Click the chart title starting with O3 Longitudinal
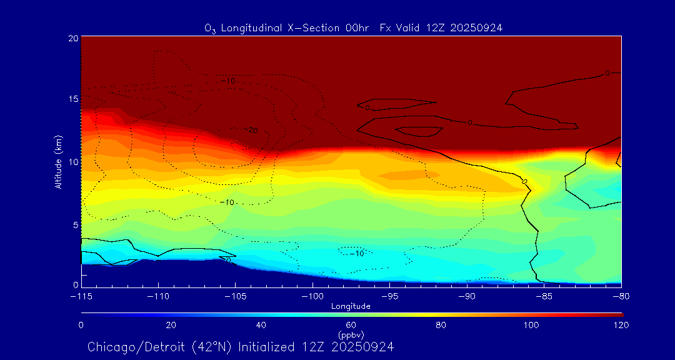click(x=353, y=27)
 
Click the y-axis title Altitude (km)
click(x=58, y=162)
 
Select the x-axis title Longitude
click(x=351, y=306)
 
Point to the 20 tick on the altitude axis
click(x=72, y=38)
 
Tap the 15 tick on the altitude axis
click(x=72, y=99)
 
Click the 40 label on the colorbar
click(x=261, y=325)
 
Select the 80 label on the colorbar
click(x=442, y=325)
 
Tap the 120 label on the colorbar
click(x=621, y=325)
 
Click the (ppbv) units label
click(x=351, y=335)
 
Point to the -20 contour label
click(x=251, y=131)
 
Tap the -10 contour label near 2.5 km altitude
click(x=357, y=253)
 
